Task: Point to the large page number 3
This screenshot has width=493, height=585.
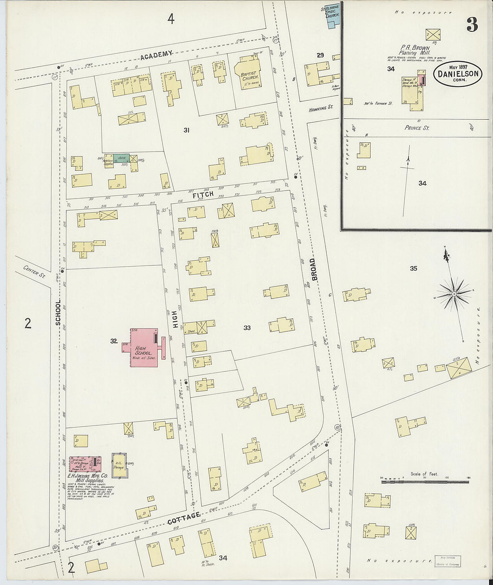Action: (x=472, y=26)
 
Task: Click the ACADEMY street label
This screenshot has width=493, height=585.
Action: (x=156, y=55)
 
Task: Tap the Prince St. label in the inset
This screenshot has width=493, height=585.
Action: (x=417, y=128)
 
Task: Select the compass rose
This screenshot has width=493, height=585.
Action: (x=454, y=294)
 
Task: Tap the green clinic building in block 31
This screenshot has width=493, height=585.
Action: (x=121, y=158)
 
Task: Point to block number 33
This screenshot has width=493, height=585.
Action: (x=247, y=328)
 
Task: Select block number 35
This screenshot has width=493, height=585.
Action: (x=413, y=269)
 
